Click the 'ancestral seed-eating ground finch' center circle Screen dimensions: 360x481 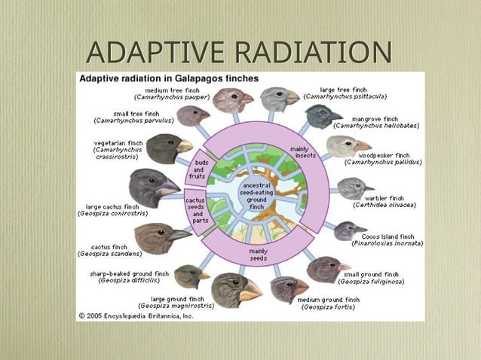tap(257, 195)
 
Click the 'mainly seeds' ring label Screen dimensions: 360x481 tap(258, 255)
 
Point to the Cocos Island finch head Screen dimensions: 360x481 tap(349, 230)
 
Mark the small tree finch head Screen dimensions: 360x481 tap(194, 115)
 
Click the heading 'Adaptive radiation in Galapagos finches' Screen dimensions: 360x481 tap(169, 78)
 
